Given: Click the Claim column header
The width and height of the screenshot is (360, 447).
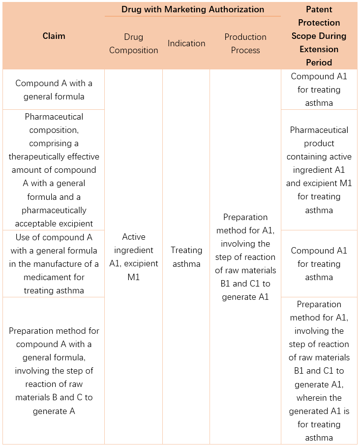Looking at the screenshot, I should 54,36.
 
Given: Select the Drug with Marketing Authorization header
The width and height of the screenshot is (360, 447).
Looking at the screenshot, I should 192,9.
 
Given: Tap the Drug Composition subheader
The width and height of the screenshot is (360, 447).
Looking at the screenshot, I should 134,43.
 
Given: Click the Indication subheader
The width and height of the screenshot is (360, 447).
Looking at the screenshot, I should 186,43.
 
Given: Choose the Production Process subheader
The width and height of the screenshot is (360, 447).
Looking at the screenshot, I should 245,43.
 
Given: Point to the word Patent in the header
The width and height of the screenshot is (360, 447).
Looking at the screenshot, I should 319,9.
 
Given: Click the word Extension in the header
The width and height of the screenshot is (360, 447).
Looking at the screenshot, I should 319,49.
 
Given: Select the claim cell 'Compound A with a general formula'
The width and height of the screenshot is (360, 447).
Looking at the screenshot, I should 54,90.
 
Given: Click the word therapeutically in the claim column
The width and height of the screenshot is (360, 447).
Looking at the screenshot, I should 54,157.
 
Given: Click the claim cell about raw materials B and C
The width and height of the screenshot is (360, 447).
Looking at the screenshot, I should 54,370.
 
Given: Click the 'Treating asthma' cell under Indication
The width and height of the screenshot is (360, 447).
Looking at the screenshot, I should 186,257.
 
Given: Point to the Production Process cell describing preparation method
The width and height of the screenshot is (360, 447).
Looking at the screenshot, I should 245,257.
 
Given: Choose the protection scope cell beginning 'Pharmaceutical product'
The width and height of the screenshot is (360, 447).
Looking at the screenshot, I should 319,170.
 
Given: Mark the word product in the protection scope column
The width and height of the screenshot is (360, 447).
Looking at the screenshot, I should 319,143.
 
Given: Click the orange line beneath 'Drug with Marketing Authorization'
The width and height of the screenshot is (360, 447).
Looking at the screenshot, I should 192,16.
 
